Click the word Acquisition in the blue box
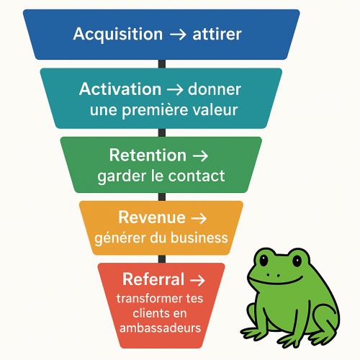(118, 35)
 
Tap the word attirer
(217, 34)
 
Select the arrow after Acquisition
(178, 35)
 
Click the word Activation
(120, 89)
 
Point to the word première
(155, 110)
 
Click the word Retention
(148, 155)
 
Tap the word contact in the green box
(197, 176)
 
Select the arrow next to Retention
(201, 156)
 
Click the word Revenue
(152, 217)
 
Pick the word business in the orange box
(199, 238)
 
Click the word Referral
(153, 279)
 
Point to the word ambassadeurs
(160, 328)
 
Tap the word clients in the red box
(147, 313)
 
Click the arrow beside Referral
(197, 280)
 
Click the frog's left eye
(264, 260)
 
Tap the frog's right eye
(297, 261)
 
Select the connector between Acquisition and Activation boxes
(162, 64)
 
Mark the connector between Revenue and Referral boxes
(162, 259)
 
